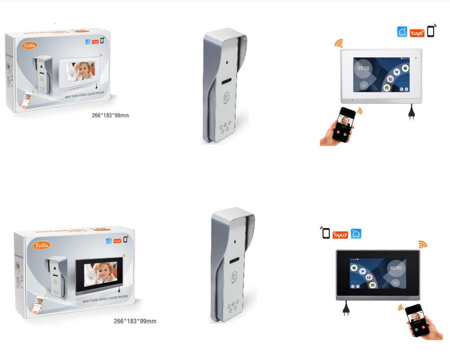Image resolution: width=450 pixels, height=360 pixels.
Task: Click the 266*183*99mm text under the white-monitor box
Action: coord(110,115)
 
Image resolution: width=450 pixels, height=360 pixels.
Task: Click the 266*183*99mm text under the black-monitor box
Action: coord(135,321)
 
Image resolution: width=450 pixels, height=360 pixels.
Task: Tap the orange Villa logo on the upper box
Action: coord(29,45)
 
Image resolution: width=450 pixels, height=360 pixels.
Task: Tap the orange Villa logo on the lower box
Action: coord(42,245)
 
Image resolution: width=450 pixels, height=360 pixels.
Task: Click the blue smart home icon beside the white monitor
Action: coord(402,32)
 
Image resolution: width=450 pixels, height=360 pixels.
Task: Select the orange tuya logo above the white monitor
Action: coord(417,32)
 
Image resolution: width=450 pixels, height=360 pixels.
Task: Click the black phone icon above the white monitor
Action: coord(431,31)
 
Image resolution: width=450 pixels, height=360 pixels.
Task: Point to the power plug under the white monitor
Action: coord(411,112)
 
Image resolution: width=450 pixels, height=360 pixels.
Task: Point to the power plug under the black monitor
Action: coord(346,308)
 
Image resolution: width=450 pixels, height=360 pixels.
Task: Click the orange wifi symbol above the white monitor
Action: coord(338,43)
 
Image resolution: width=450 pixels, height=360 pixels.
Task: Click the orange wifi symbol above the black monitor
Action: coord(423,244)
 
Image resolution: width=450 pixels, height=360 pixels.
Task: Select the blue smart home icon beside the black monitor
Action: coord(356,233)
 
